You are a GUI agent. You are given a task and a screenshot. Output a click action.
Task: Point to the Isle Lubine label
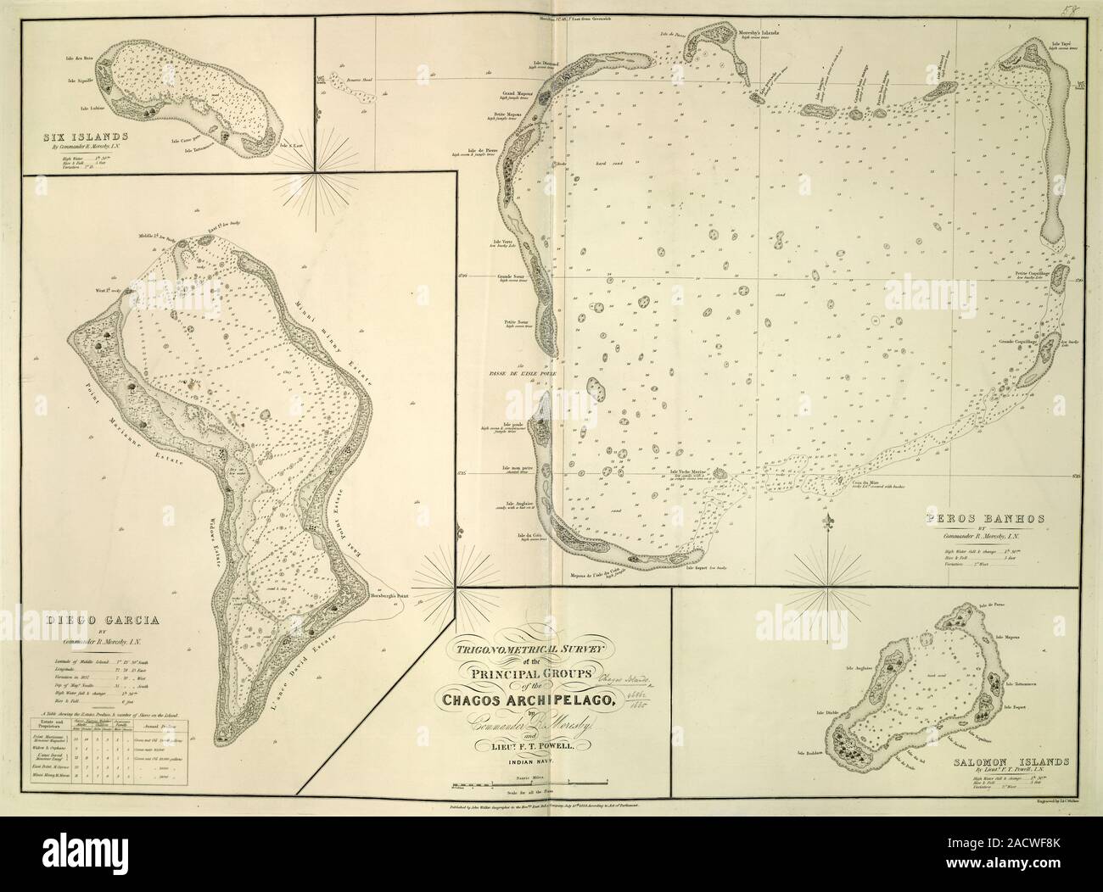92,109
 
